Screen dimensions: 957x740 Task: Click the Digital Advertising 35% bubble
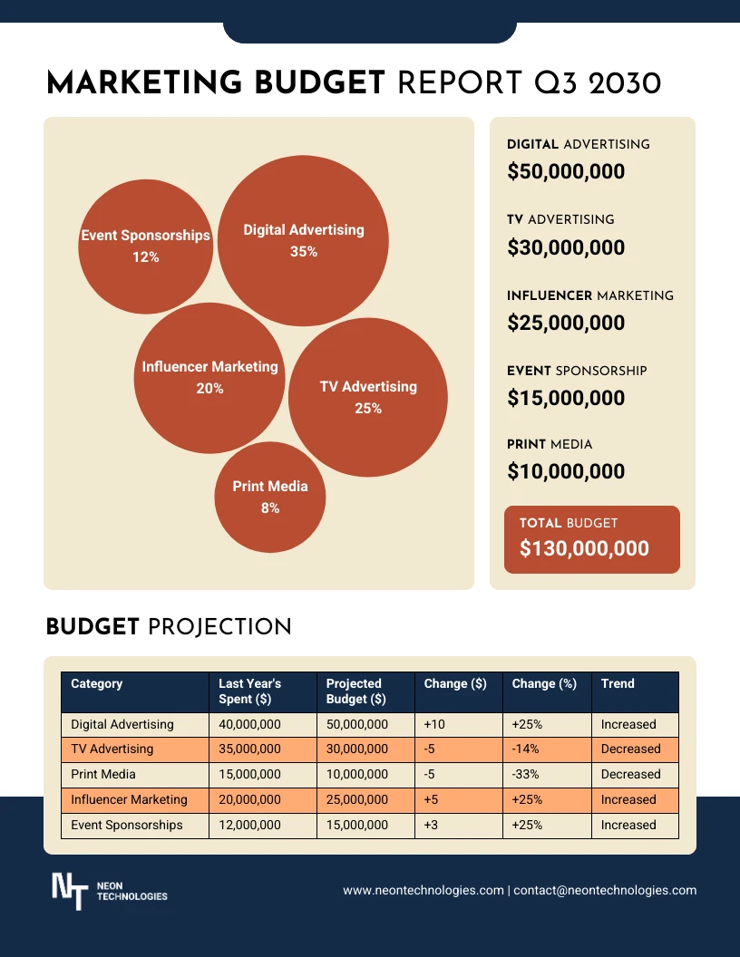coord(303,240)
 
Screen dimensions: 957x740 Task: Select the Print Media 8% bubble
coord(270,497)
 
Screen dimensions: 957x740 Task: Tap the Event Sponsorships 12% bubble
coord(145,246)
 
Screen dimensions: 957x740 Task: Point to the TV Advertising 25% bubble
coord(368,397)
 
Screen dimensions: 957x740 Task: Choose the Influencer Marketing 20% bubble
coord(209,377)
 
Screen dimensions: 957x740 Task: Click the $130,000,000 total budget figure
coord(584,548)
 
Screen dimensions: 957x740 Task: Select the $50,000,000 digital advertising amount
coord(566,171)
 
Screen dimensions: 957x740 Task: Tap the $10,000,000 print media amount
coord(566,471)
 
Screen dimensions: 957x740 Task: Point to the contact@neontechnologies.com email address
coord(606,891)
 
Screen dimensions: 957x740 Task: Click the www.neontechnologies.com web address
coord(423,891)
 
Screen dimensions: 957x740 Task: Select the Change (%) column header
coord(544,683)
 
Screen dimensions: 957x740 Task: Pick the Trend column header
coord(618,683)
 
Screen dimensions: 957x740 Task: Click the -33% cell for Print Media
coord(526,775)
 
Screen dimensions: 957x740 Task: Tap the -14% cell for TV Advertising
coord(526,749)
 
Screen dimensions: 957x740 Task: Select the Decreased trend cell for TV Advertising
coord(630,749)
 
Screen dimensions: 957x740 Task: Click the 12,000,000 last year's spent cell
coord(249,826)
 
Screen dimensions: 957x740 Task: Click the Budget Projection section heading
coord(169,627)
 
